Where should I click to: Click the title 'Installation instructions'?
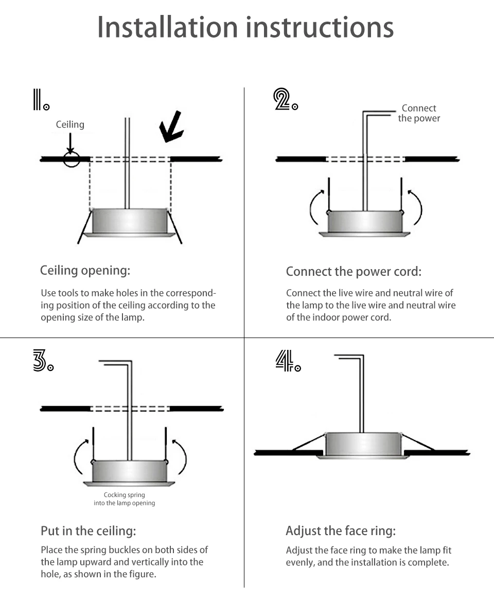(245, 27)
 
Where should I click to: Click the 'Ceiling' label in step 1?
(70, 125)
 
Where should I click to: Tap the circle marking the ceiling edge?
(72, 159)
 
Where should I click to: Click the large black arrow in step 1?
(171, 127)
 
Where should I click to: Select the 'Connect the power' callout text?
(419, 113)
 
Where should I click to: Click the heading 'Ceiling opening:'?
(85, 270)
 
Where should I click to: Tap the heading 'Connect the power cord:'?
(354, 271)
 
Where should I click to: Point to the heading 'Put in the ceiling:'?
(88, 530)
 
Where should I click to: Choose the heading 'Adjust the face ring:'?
(341, 530)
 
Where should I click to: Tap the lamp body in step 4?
(363, 444)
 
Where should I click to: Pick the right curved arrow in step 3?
(180, 456)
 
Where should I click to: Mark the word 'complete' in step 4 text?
(427, 562)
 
